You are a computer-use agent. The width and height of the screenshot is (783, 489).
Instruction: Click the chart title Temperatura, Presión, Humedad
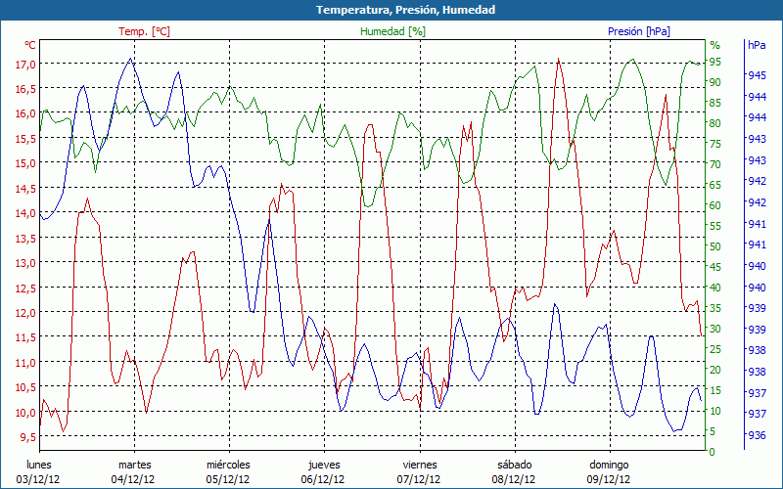click(391, 10)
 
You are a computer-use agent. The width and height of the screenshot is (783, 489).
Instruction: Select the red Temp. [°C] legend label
click(144, 31)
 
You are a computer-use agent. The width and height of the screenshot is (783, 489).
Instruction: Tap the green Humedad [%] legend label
click(393, 31)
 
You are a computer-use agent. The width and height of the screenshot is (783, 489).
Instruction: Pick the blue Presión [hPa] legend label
click(639, 31)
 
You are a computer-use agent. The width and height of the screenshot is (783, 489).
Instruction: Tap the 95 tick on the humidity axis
click(715, 62)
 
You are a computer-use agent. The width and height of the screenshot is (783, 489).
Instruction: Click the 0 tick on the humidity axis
click(713, 452)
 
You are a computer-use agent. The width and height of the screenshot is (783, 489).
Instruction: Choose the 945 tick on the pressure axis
click(757, 75)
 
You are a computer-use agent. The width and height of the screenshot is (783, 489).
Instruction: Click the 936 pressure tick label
click(757, 436)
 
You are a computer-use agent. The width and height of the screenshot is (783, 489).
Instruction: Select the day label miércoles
click(228, 465)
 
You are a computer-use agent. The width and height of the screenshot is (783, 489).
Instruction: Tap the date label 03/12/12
click(37, 479)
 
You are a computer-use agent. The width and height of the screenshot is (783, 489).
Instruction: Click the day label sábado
click(514, 465)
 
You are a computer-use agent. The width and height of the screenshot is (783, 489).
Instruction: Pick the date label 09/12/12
click(609, 479)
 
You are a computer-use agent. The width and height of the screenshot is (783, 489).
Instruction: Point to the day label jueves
click(324, 465)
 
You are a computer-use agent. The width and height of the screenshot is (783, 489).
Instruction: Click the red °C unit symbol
click(30, 45)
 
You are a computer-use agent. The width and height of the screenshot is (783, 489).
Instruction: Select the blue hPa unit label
click(757, 45)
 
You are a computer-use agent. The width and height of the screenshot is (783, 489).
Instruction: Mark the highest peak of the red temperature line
click(558, 59)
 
